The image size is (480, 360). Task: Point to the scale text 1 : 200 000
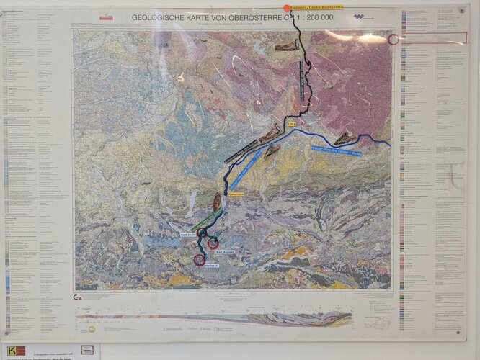(314, 16)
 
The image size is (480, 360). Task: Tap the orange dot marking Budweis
(287, 8)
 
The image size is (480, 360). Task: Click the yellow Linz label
(292, 124)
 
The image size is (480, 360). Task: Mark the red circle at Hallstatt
(200, 260)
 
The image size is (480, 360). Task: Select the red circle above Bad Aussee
(213, 243)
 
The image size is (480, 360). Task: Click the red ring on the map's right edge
(394, 39)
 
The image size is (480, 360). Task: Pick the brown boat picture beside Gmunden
(217, 201)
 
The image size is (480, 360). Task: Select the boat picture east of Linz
(345, 139)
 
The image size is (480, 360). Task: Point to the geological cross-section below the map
(216, 316)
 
